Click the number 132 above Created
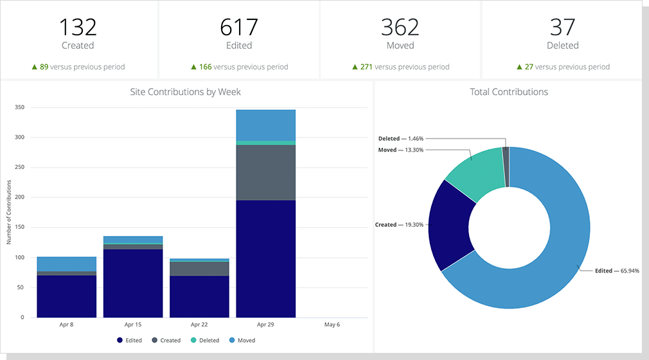click(x=78, y=27)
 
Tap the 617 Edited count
click(x=239, y=27)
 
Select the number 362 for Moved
click(x=400, y=27)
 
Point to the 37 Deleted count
click(x=562, y=27)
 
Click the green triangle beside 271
click(x=355, y=66)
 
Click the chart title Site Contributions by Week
click(x=185, y=92)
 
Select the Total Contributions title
click(x=509, y=92)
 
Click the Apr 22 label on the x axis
click(x=199, y=325)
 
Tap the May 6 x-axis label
click(x=332, y=325)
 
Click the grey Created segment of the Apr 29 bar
click(x=265, y=172)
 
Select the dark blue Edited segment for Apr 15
click(x=133, y=283)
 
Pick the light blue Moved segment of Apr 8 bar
click(x=67, y=264)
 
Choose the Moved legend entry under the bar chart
click(x=244, y=340)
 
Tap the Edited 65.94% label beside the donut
click(x=617, y=271)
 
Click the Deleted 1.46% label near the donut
click(x=400, y=138)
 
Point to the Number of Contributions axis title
click(x=8, y=212)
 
